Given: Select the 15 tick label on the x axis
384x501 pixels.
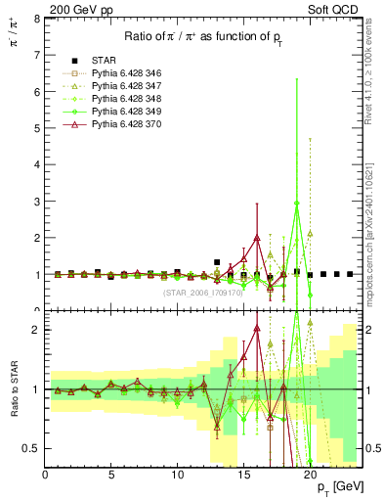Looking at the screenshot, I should coord(243,476).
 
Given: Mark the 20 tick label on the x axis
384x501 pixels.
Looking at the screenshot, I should coord(310,476).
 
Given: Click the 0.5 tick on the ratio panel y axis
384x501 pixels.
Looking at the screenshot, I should coord(32,448).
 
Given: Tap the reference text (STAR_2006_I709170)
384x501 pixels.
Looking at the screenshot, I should coord(201,292).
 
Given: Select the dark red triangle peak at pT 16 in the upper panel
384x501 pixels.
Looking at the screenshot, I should coord(256,238).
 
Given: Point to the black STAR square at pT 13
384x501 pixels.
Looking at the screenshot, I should coord(217,262).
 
